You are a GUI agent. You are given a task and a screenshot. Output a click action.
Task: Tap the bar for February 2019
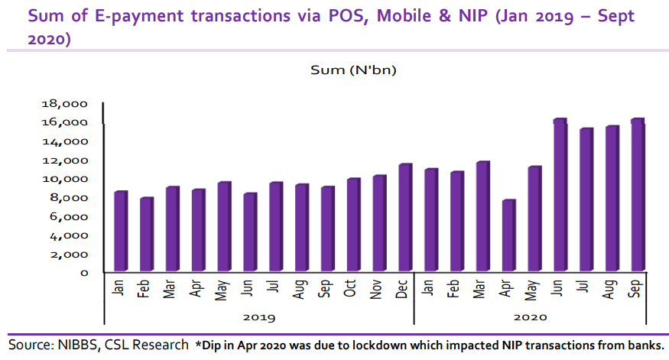click(x=145, y=235)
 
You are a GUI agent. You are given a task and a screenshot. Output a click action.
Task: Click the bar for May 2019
click(x=223, y=227)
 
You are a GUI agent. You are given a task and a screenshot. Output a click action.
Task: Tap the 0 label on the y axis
click(x=85, y=273)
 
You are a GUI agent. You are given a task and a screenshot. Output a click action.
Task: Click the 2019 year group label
click(x=258, y=316)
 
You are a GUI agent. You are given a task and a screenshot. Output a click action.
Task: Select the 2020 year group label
click(x=531, y=316)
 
